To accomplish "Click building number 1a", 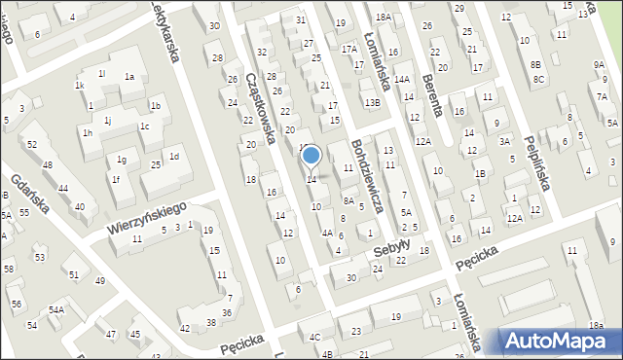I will [x=128, y=77].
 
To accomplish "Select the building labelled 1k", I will [x=80, y=86].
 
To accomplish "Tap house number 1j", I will [x=108, y=120].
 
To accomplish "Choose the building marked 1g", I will [x=122, y=159].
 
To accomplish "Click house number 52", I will [x=33, y=144].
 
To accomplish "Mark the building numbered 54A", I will [x=57, y=309].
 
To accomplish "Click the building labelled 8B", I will [x=536, y=64].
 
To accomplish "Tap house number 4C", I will [x=314, y=337].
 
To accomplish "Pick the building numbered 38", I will [x=210, y=322].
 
